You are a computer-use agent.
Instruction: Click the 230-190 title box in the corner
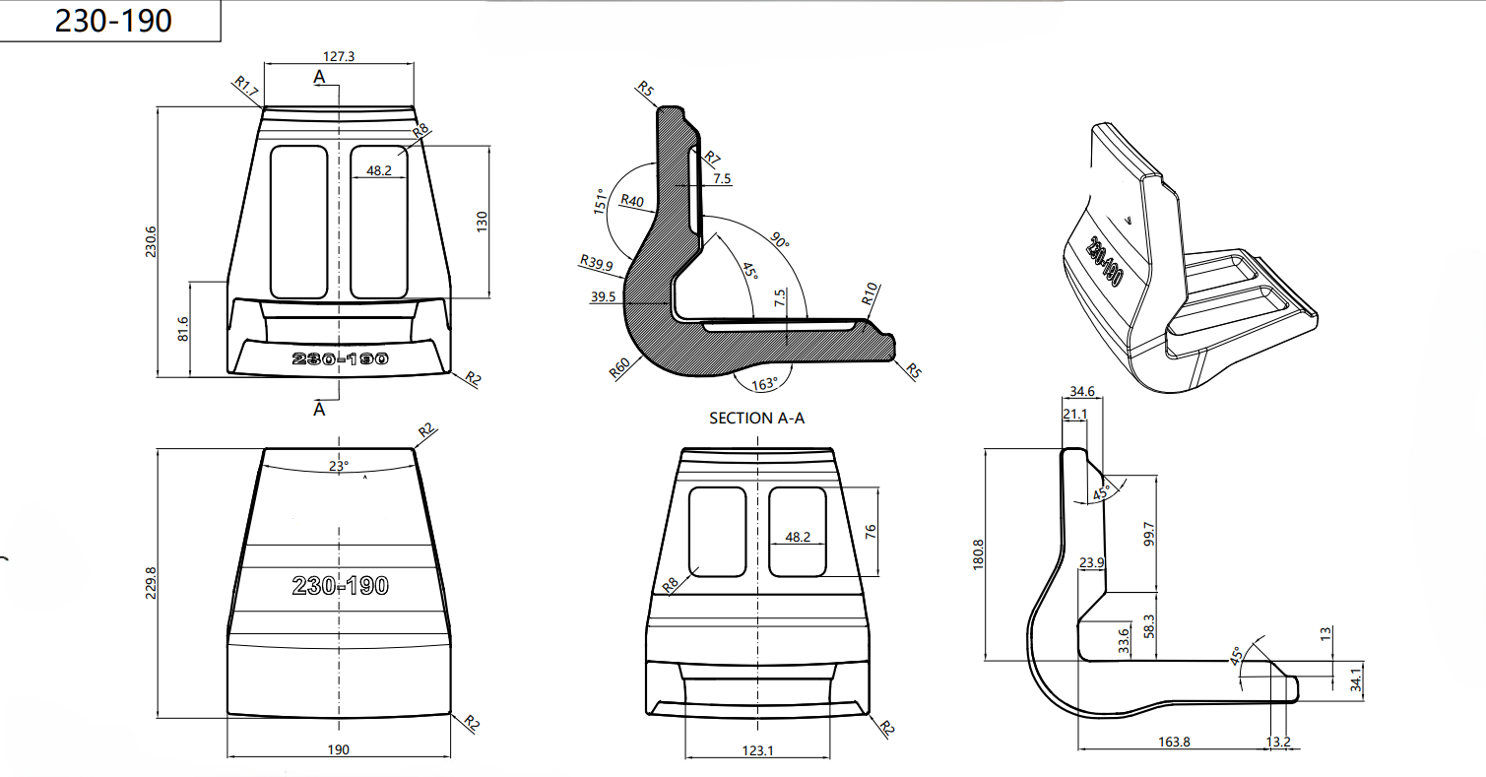click(112, 22)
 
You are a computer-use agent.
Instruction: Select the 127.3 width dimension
click(339, 56)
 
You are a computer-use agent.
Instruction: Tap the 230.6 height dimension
click(150, 242)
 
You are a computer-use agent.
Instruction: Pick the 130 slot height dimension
click(483, 222)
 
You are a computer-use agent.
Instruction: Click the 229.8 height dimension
click(150, 581)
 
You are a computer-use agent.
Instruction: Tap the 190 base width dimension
click(338, 749)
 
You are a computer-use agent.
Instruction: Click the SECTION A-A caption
click(757, 419)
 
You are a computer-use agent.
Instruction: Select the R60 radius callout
click(619, 369)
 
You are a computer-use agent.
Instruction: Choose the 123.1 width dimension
click(757, 749)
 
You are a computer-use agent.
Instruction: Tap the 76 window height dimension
click(870, 531)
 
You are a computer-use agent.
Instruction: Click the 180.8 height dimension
click(978, 553)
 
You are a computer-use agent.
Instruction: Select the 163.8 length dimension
click(1174, 742)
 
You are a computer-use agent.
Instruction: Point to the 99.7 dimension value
click(1148, 535)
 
